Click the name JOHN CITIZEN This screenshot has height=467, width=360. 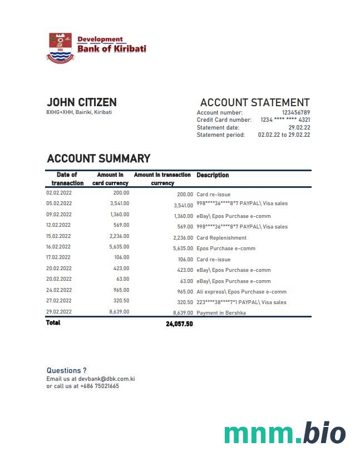point(81,102)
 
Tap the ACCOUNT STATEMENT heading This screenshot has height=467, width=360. point(254,103)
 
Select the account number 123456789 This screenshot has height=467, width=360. point(295,113)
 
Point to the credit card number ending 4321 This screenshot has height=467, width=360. point(285,120)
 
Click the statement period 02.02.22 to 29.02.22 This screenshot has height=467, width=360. point(284,135)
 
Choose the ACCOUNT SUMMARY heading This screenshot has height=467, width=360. point(98,159)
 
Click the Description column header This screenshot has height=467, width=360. point(213,175)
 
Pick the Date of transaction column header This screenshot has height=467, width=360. point(67,178)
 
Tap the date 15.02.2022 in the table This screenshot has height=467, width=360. point(58,236)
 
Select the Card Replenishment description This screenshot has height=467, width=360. point(221,238)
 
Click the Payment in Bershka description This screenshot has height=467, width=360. point(221,313)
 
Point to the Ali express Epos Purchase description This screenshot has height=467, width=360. point(241,292)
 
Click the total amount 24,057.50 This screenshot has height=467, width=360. point(179,324)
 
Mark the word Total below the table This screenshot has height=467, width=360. point(53,323)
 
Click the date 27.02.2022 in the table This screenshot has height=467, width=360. point(58,301)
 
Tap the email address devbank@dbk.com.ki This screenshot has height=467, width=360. point(106,379)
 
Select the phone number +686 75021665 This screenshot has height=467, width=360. point(99,386)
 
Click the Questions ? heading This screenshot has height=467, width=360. point(66,370)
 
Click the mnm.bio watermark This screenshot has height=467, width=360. point(284,434)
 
